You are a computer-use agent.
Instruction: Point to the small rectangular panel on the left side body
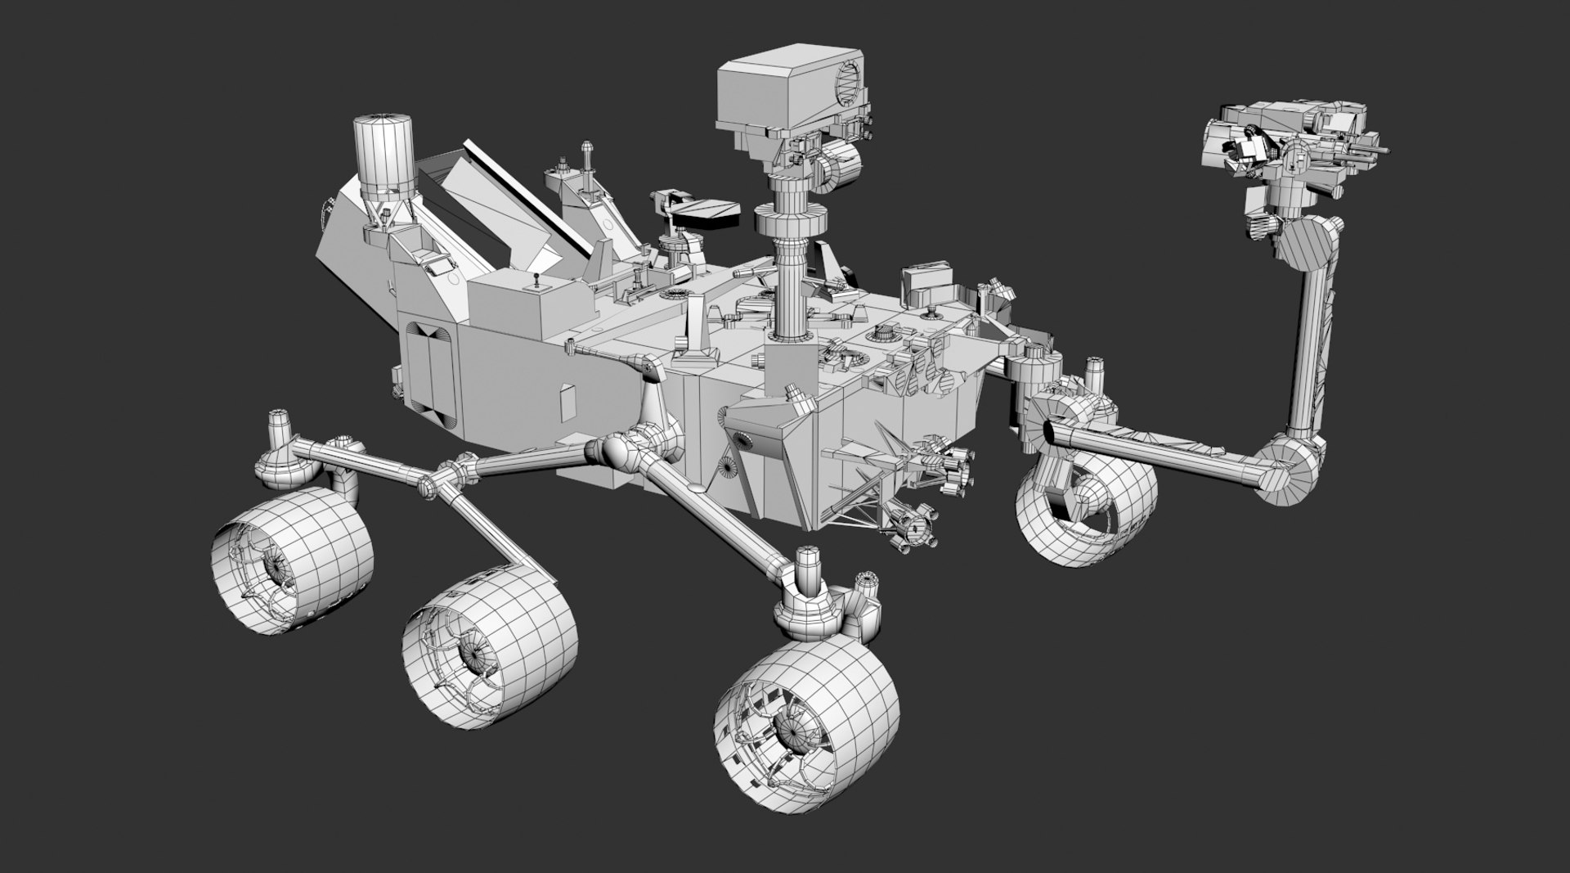coord(566,400)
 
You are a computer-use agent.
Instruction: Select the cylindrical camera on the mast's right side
coord(834,168)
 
